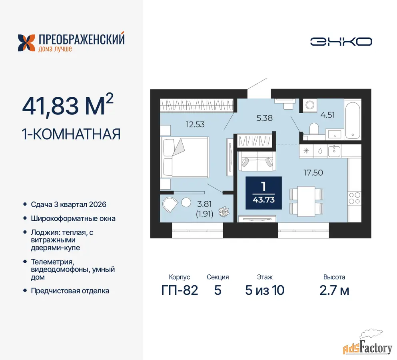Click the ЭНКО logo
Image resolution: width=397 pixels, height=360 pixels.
341,42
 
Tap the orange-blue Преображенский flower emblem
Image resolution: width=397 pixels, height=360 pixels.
26,43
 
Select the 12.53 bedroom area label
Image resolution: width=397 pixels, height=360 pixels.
195,124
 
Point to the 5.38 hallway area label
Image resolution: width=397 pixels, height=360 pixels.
265,118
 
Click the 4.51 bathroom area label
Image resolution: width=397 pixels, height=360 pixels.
327,115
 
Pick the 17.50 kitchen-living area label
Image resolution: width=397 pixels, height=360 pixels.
313,172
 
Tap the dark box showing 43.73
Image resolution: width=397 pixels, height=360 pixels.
263,193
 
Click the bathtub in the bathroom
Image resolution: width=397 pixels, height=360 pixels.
353,120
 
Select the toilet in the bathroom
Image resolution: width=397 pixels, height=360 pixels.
314,129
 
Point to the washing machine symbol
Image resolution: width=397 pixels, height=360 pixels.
310,105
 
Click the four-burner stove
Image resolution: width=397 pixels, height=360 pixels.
355,198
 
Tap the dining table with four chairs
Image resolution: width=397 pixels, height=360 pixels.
306,202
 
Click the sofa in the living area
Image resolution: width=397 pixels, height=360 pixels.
257,161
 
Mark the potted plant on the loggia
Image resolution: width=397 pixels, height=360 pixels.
224,212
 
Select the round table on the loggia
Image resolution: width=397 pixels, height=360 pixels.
186,202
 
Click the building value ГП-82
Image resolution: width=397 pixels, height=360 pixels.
180,290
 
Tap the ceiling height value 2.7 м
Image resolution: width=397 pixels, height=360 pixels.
334,290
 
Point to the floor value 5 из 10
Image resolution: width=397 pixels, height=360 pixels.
265,290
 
